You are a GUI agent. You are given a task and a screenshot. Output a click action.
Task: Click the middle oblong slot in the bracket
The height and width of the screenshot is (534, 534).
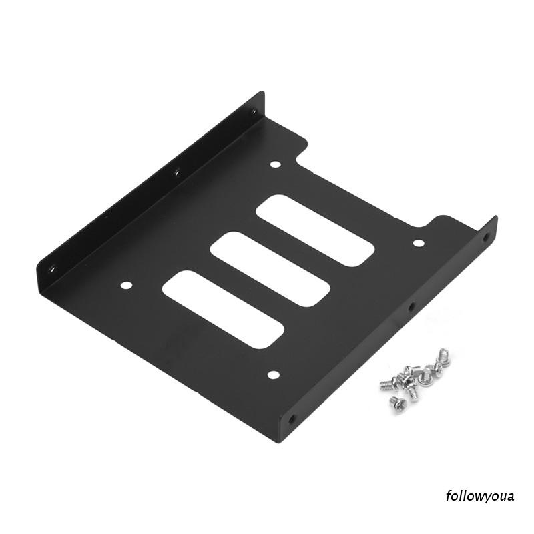click(270, 269)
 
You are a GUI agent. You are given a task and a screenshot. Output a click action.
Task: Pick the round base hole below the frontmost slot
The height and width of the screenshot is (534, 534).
click(272, 375)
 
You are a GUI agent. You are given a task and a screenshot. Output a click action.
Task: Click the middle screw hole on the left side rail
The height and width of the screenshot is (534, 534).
click(177, 173)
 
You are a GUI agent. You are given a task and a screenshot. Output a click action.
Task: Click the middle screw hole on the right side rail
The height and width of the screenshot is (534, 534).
click(411, 308)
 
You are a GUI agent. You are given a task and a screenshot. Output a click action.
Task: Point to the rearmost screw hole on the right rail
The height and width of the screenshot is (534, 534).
click(485, 236)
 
